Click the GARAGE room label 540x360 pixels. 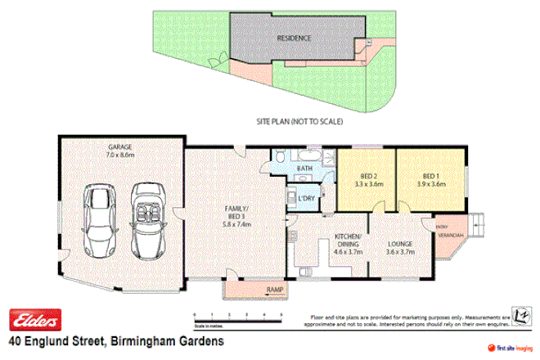coord(119,147)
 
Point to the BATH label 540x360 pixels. coord(305,169)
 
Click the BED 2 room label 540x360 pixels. coord(369,176)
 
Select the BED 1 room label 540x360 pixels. coord(431,176)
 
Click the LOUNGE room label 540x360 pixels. coord(401,243)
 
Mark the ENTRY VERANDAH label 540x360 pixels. coord(447,232)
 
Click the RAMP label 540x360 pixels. coord(274,290)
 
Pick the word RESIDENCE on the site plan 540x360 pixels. coord(293,38)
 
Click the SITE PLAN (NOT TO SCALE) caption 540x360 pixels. coord(299,121)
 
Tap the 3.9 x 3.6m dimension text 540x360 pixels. coord(431,185)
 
